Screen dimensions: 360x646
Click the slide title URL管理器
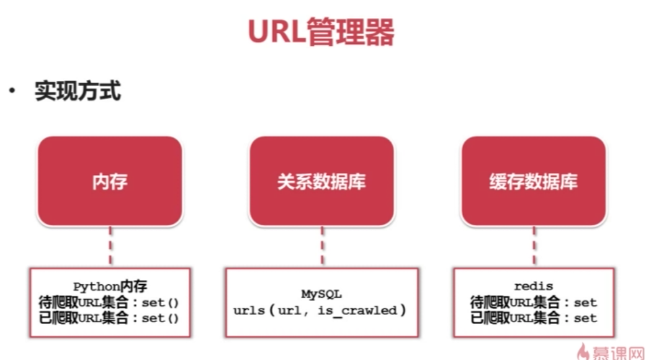(321, 32)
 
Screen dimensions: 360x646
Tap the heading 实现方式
(77, 91)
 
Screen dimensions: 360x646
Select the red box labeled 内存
(110, 181)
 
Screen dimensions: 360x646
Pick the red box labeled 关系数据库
(321, 181)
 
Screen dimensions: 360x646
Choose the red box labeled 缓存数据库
(533, 181)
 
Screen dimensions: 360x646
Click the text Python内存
(110, 287)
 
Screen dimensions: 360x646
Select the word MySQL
(321, 294)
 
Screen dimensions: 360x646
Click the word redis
(533, 287)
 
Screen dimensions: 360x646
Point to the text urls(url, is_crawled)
(320, 310)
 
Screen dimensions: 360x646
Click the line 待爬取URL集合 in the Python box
(109, 302)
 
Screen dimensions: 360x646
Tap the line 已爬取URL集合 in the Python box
(109, 317)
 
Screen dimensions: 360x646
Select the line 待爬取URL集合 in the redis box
(533, 302)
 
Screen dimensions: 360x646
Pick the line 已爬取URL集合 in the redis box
(533, 317)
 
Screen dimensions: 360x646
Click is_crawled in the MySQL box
(360, 310)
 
